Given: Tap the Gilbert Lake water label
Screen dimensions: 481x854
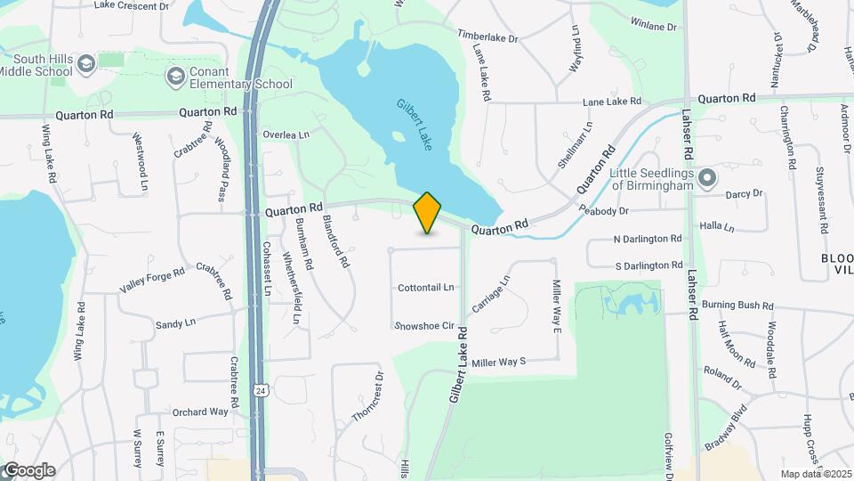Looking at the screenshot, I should click(415, 125).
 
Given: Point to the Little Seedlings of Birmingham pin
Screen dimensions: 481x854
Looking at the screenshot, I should click(707, 178).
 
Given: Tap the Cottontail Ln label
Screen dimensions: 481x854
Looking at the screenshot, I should click(426, 288).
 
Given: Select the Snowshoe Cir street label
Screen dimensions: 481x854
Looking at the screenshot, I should click(425, 326).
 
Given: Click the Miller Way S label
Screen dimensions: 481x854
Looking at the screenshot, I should click(499, 362).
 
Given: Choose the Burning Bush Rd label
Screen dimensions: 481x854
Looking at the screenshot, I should click(737, 305).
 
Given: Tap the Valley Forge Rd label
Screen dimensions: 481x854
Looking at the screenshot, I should click(152, 281).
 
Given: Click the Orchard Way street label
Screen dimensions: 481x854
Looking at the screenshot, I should click(200, 412).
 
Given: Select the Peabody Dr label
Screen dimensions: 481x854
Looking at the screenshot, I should click(603, 211).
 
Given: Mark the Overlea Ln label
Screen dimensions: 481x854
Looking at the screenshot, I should click(286, 135).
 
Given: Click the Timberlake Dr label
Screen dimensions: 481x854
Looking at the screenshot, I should click(487, 36).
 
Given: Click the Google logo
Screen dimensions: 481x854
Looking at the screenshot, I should click(28, 470).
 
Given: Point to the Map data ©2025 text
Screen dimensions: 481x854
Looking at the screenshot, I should click(814, 474).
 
